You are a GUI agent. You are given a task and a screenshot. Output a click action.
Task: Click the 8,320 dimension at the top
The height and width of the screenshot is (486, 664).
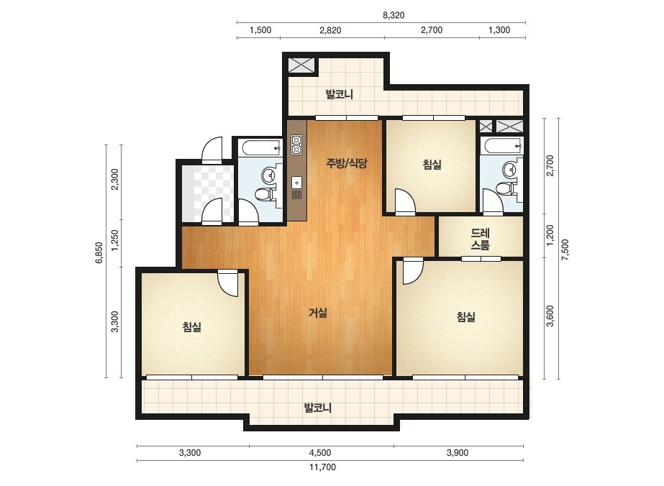(394, 15)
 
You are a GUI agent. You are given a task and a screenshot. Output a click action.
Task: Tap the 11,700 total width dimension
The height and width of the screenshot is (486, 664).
(322, 467)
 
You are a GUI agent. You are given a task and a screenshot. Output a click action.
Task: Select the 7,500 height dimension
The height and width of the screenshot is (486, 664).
(565, 249)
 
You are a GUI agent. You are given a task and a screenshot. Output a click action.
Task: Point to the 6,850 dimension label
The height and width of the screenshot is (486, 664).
(99, 253)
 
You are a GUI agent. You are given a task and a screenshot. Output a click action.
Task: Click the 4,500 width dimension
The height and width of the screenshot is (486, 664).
(320, 453)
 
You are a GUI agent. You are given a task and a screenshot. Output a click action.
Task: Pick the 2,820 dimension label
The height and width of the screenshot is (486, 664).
(331, 30)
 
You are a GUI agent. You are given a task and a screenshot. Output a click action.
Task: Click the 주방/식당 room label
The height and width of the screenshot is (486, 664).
(347, 163)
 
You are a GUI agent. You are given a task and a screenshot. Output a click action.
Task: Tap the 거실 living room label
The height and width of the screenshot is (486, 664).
(318, 313)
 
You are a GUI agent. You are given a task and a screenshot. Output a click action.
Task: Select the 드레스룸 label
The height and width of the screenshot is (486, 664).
(481, 239)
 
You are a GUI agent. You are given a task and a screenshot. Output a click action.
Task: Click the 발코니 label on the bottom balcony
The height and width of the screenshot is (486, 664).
(317, 408)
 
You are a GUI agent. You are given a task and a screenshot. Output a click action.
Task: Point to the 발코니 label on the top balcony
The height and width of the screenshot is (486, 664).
(340, 94)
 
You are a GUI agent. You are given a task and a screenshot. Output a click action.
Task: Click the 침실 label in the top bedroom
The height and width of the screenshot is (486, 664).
(432, 164)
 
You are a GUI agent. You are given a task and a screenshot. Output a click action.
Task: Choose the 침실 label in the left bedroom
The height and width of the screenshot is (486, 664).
(192, 326)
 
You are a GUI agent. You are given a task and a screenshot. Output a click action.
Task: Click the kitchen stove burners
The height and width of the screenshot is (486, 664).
(296, 145)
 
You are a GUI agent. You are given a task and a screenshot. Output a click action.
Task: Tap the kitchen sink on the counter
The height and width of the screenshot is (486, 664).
(297, 183)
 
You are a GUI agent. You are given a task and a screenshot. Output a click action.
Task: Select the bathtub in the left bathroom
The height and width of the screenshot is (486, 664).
(261, 148)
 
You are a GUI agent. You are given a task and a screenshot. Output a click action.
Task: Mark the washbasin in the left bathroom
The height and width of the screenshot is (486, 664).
(269, 175)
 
